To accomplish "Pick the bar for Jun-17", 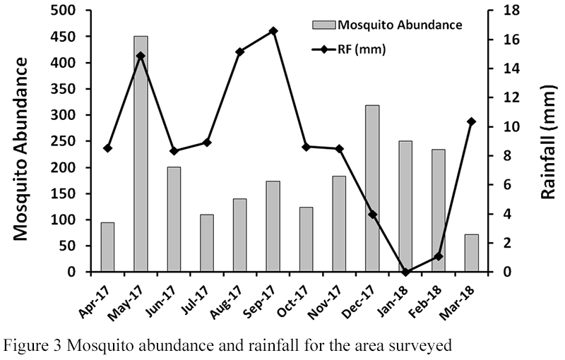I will [174, 220].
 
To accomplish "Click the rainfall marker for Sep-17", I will [273, 31].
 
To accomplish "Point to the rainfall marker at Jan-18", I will [405, 272].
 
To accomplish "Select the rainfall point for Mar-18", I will [472, 121].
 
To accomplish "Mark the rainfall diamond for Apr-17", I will [107, 148].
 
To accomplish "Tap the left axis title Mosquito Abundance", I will [23, 148].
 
